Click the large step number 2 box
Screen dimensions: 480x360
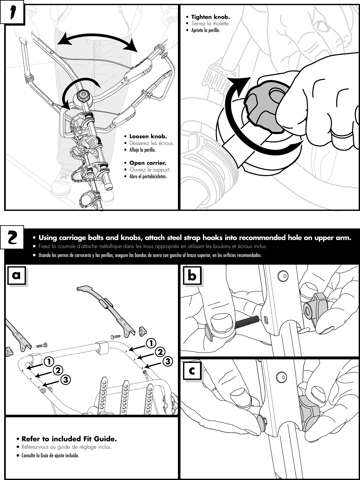pos(12,237)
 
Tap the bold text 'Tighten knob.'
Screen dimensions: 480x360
pos(210,17)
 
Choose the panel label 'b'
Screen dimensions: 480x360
pos(192,276)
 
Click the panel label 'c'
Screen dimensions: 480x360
pos(192,372)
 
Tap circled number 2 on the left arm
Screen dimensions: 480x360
pos(58,370)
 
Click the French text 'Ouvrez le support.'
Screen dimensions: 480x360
pos(150,170)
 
